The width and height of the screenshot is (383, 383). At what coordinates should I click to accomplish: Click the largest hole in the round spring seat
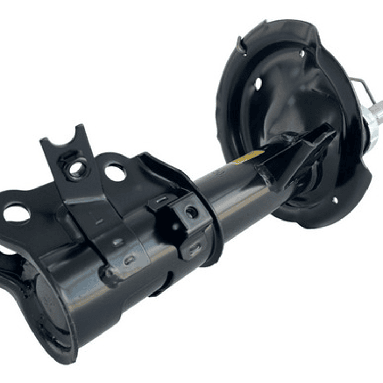(x=258, y=84)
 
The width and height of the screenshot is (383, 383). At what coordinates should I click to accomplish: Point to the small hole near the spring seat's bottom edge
(x=335, y=200)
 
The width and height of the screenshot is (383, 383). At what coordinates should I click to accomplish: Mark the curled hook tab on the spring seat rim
(x=241, y=45)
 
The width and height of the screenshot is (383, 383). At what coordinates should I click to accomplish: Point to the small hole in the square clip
(x=190, y=212)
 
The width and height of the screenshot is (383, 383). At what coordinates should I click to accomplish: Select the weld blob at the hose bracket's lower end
(x=111, y=275)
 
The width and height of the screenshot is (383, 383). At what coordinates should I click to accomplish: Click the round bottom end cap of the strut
(x=48, y=309)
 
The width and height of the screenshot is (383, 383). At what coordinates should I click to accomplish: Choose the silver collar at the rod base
(x=368, y=125)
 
